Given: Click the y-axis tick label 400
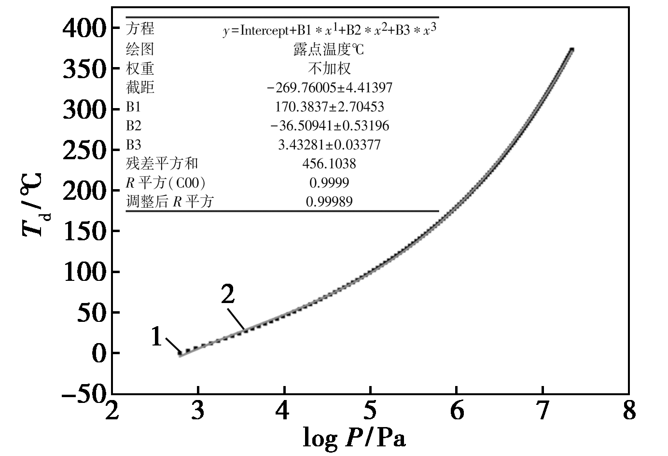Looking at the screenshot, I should coord(84,29).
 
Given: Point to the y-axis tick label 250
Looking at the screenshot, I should coord(84,151).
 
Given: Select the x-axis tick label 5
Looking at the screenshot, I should coord(370,411).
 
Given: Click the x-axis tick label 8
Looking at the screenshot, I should coord(628,411).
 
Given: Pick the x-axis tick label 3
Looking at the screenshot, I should coord(198,411).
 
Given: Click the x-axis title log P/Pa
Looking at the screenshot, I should coord(354,437).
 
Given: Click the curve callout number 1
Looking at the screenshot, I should coord(156,337).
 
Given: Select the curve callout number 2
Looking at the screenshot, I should coord(228,294).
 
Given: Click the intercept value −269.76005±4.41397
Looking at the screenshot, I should coord(330,88).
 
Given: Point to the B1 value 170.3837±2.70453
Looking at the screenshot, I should coord(330,107).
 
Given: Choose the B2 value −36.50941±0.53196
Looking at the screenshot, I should coord(330,126).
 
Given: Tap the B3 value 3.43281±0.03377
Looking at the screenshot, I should coord(330,145).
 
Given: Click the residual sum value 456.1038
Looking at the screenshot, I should coord(329,164).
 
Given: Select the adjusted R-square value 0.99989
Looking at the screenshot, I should coord(329,202).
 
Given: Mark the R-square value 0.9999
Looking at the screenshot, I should coord(329,183).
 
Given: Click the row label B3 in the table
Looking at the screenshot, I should coord(134,145).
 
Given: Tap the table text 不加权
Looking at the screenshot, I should coord(329,69).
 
